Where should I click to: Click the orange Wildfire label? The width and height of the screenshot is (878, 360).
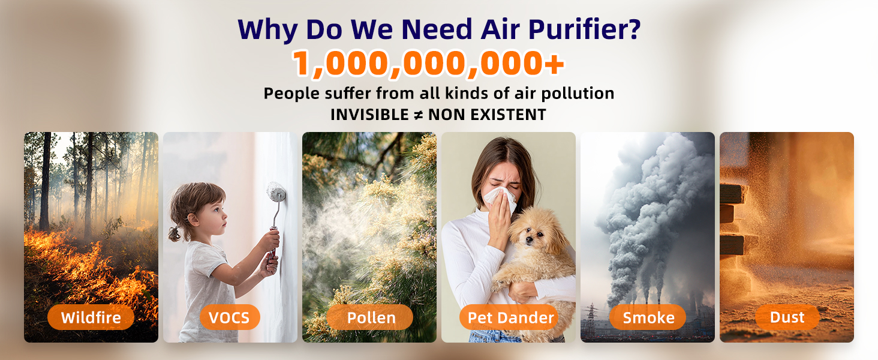coord(91,317)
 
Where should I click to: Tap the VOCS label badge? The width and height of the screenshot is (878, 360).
coord(229,317)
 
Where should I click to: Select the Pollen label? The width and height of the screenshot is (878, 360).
coord(371,317)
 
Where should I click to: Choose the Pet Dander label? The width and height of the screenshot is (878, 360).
coord(511,317)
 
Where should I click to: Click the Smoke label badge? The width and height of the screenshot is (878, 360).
coord(648,317)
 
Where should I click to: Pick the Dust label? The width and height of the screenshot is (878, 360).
coord(787,317)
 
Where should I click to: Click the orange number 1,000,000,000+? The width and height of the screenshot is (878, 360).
coord(428,64)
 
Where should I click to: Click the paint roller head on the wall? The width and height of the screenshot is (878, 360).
coord(276,191)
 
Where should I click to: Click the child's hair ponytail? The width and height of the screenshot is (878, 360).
coord(175,233)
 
